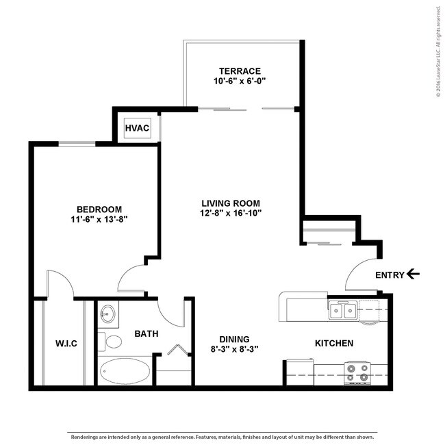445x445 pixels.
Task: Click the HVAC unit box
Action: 138,128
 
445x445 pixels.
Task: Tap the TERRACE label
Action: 240,71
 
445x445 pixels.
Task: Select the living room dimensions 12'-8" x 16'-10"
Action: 231,213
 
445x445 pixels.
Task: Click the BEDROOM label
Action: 99,209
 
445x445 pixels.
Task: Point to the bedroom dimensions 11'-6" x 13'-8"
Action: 99,219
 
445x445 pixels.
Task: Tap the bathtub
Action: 125,371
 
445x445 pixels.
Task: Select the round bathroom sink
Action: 108,314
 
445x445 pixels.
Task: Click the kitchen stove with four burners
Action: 357,374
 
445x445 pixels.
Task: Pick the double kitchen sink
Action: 343,311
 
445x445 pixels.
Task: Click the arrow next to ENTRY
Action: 413,275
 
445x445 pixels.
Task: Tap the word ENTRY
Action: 390,275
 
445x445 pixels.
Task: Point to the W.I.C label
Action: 66,344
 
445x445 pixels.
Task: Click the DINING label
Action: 234,339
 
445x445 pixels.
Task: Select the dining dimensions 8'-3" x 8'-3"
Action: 234,349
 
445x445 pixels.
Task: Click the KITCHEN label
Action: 334,344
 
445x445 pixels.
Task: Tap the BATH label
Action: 147,334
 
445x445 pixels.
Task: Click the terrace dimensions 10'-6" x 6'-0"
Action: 240,81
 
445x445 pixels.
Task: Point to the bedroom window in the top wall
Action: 77,144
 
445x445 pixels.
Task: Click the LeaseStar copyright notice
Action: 439,52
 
